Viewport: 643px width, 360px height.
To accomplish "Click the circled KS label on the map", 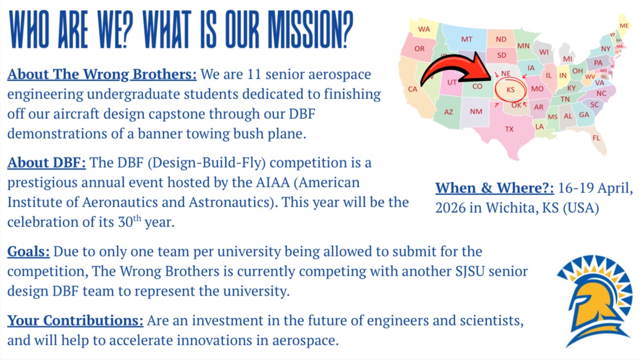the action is click(511, 90).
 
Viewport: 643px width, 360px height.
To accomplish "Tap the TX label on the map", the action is click(509, 129).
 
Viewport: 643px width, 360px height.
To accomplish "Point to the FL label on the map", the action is click(596, 138).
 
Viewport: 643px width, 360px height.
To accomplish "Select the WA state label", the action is click(424, 29).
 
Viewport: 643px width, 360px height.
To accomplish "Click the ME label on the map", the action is click(624, 25).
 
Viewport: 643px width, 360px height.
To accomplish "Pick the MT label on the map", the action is click(467, 40).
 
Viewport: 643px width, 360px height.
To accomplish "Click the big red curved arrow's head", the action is click(480, 67).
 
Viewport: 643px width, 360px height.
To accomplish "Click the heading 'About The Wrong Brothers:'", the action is click(102, 75).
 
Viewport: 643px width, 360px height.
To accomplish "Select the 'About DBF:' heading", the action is click(47, 163).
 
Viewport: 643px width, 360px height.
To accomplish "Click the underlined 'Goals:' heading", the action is click(28, 252).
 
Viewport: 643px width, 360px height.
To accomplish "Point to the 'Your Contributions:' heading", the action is click(75, 320).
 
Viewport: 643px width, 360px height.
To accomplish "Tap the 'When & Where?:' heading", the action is click(495, 188).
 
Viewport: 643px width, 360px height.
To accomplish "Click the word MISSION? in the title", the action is click(311, 29).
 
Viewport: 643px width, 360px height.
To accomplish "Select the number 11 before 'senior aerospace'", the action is click(254, 75).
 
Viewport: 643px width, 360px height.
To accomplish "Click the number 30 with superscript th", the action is click(129, 221).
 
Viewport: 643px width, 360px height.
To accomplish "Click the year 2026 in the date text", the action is click(450, 208).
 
